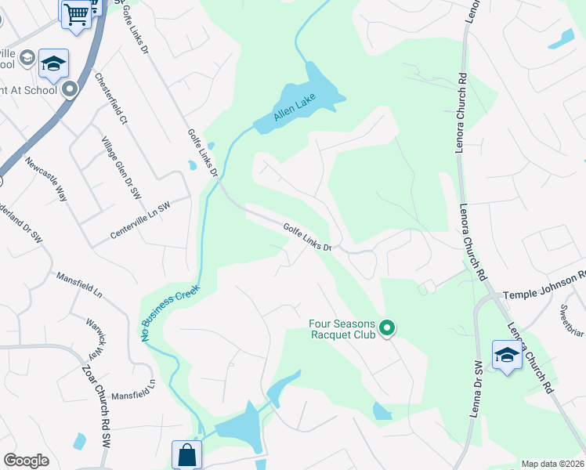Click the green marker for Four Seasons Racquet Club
click(385, 327)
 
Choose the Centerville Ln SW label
click(140, 219)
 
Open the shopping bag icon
click(187, 454)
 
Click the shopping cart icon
click(77, 13)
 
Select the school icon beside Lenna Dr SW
click(507, 355)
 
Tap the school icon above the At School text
click(53, 63)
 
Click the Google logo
click(26, 461)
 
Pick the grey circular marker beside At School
click(70, 90)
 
